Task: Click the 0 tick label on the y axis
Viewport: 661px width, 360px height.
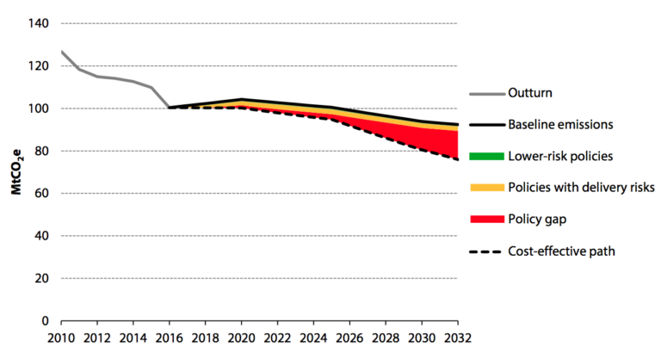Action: click(46, 320)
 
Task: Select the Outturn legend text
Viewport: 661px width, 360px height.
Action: click(529, 93)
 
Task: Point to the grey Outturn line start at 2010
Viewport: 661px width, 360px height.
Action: click(61, 52)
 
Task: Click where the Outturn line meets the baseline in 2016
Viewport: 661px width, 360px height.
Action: click(169, 108)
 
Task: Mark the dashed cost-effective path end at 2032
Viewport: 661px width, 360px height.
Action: click(457, 159)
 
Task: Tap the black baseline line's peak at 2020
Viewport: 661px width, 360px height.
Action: click(241, 99)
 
